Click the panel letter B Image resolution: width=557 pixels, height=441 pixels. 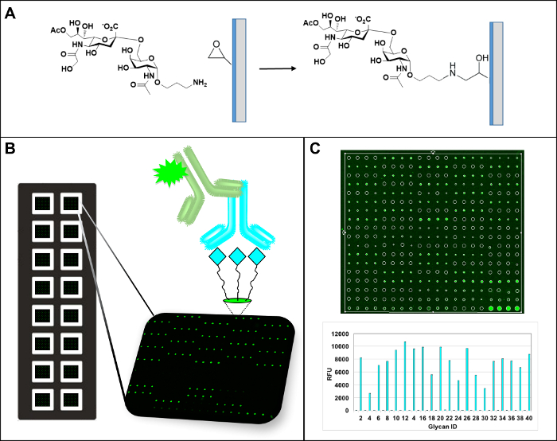(11, 148)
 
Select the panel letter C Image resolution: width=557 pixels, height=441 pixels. (317, 148)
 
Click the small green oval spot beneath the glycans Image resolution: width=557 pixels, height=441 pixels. (236, 301)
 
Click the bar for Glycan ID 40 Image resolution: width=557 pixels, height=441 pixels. (528, 382)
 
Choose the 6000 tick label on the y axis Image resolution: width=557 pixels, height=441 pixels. (343, 373)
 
